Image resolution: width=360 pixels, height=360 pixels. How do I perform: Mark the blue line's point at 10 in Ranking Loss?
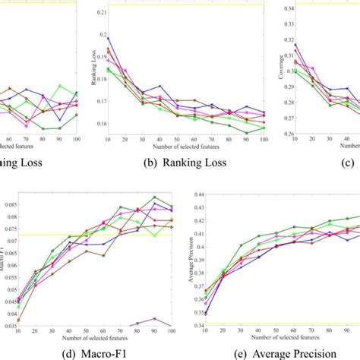[109, 37]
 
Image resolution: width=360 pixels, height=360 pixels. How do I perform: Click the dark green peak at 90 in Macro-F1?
[155, 197]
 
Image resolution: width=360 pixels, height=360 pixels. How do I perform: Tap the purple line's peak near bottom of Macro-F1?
[155, 318]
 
